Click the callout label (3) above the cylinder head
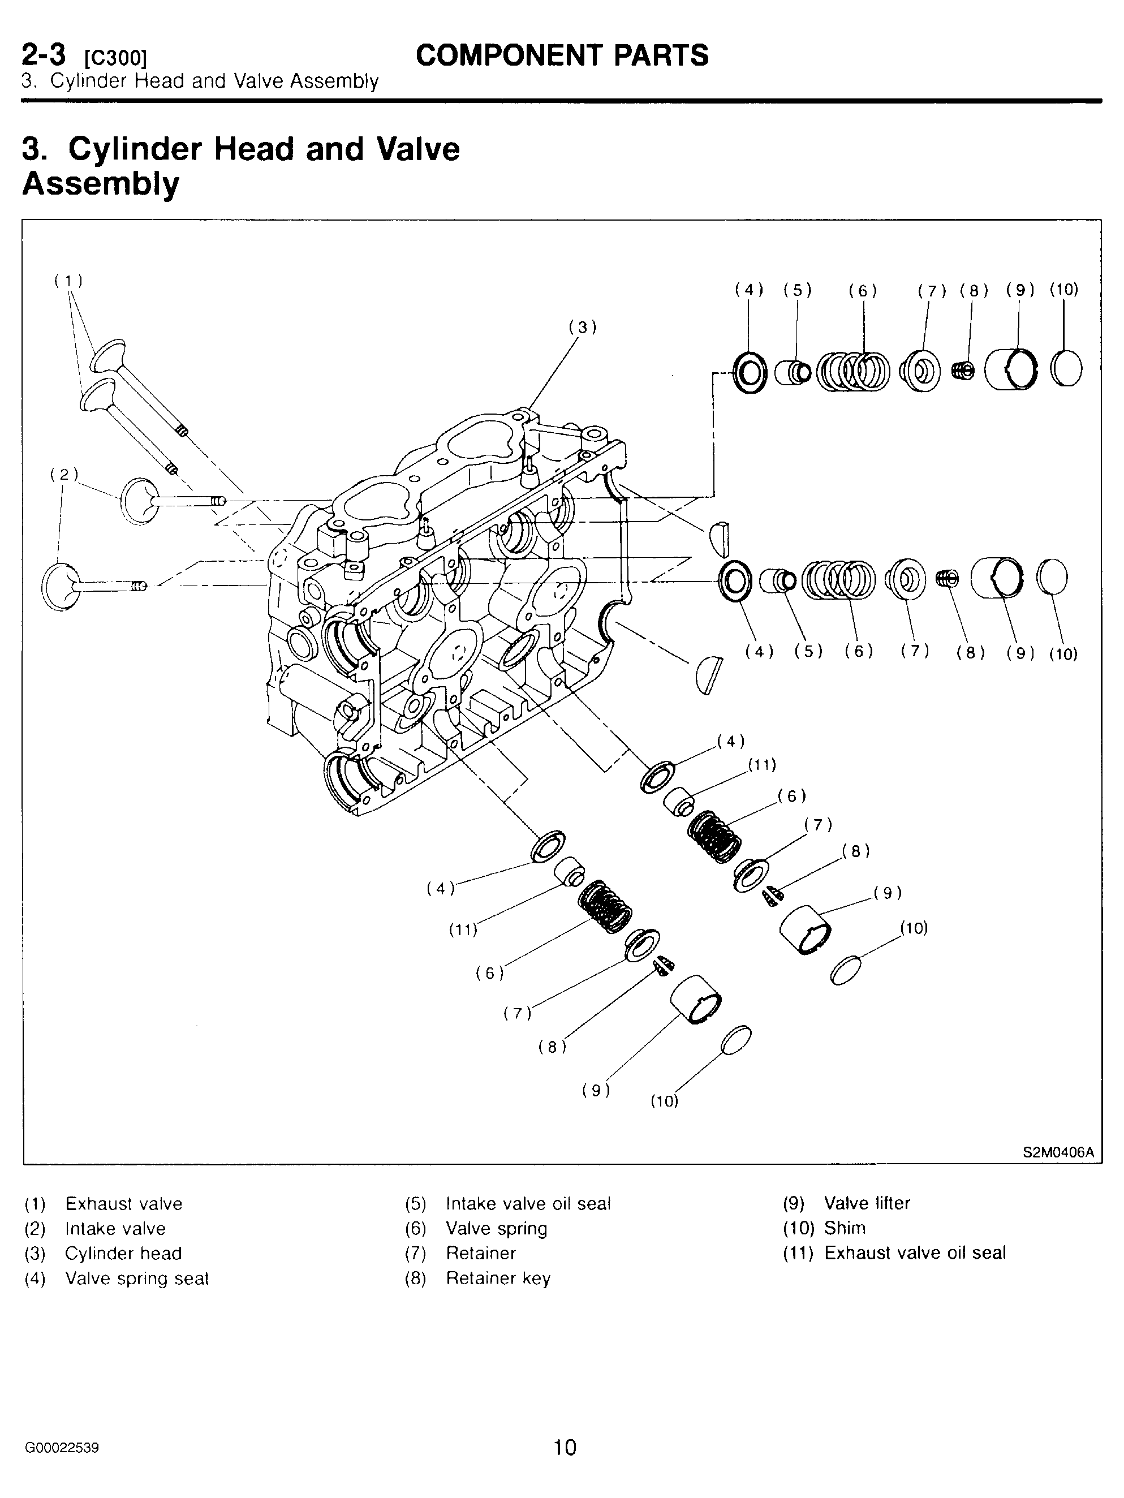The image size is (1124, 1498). coord(582,328)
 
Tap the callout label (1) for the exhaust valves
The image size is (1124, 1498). coord(68,281)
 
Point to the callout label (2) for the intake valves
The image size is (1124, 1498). coord(64,474)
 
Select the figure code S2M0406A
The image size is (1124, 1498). coord(1058,1152)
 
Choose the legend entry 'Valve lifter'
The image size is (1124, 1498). coord(867,1203)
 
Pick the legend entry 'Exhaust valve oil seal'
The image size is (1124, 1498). coord(915,1253)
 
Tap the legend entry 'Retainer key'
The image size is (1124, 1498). coord(498,1279)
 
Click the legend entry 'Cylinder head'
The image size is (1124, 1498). coord(123,1254)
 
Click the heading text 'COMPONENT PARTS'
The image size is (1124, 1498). coord(562,55)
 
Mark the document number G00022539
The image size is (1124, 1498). coord(62,1448)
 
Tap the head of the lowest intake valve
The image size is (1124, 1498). coord(58,587)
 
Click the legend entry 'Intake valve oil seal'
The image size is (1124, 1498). coord(528,1203)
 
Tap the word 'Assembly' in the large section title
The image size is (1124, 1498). coord(101,183)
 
